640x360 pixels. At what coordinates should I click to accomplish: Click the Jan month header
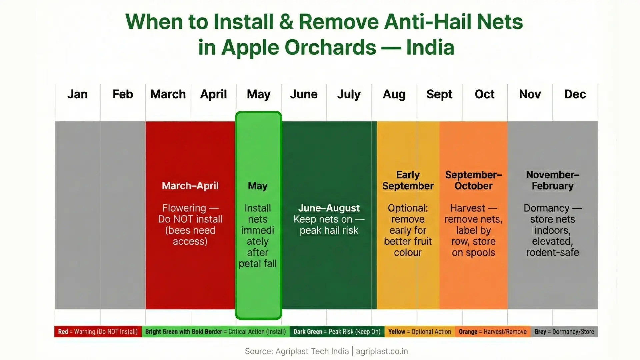(77, 94)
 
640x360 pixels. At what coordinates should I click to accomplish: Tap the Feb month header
(123, 94)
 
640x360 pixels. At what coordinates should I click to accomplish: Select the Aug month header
(394, 94)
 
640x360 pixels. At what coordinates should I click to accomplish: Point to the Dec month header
(575, 94)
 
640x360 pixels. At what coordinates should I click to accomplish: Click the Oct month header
(484, 94)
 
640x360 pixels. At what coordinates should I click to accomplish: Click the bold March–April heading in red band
(190, 186)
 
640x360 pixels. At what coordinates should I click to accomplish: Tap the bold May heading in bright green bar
(258, 186)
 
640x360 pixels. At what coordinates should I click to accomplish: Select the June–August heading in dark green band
(329, 208)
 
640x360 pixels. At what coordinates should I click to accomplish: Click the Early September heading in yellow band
(408, 180)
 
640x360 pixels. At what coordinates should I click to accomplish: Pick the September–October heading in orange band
(473, 180)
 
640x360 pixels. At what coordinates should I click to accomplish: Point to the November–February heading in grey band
(552, 180)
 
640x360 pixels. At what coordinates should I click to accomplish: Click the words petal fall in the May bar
(258, 264)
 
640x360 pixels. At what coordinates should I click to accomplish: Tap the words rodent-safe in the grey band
(552, 253)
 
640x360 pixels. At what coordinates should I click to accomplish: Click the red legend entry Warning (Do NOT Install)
(98, 332)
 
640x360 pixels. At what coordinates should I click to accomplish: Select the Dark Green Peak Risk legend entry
(337, 332)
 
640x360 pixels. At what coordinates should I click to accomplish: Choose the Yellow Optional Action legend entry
(419, 332)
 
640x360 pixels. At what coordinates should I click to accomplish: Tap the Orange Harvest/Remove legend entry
(492, 332)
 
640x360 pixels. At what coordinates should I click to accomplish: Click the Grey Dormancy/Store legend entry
(564, 332)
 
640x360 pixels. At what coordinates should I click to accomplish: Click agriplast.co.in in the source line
(382, 351)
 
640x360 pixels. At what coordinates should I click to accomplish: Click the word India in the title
(430, 47)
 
